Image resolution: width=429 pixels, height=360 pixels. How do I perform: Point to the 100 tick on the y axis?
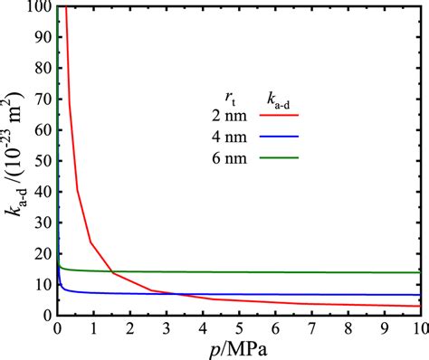point(38,7)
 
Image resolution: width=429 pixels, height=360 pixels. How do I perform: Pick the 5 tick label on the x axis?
point(238,328)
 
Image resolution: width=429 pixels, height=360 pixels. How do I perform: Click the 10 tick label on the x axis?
point(417,328)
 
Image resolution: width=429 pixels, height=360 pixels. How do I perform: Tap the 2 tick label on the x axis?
point(130,328)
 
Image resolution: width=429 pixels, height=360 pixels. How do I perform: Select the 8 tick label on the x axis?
point(347,328)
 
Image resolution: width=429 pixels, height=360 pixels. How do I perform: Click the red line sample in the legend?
point(281,115)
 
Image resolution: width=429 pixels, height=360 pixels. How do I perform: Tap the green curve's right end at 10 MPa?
point(419,272)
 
